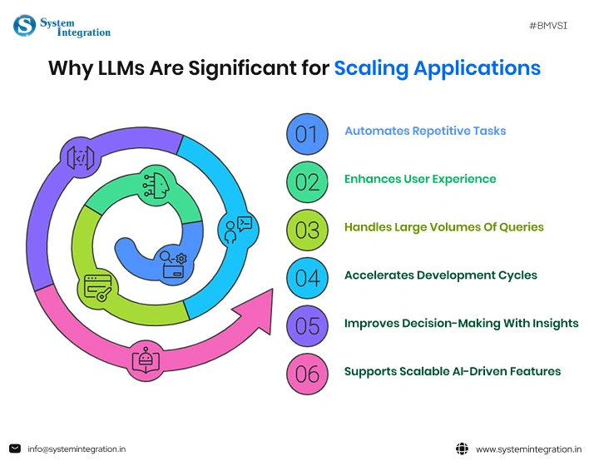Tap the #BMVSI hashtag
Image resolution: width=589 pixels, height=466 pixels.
(x=548, y=27)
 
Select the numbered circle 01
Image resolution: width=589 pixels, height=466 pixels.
(x=307, y=134)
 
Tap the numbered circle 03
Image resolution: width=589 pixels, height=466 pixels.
(x=307, y=230)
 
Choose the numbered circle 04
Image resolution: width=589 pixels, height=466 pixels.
(x=307, y=278)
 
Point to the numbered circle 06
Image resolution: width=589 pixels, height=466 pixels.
(x=307, y=374)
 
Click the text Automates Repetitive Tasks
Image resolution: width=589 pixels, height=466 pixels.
(x=425, y=131)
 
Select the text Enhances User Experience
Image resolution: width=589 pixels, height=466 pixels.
(x=420, y=179)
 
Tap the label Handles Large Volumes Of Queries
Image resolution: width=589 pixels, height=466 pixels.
(x=444, y=226)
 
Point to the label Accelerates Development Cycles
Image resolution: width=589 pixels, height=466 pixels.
(x=441, y=275)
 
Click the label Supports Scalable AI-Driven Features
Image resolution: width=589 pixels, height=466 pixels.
(x=453, y=371)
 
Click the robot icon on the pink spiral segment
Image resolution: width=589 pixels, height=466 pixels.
(x=146, y=359)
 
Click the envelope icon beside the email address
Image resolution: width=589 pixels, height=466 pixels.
(x=15, y=449)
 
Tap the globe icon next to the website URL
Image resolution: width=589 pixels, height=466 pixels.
(x=463, y=449)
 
